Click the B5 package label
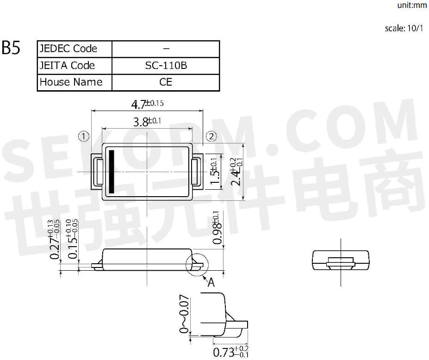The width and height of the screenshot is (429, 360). coord(11,48)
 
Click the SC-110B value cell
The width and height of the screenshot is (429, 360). coord(166,65)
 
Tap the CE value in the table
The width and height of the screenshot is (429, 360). coord(166,82)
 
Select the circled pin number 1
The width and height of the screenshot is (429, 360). coord(83,136)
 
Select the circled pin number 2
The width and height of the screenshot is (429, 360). coord(211,136)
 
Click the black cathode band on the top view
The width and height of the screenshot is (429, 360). coord(112,171)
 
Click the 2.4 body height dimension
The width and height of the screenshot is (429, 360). coord(236,171)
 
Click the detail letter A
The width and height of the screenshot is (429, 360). coord(211,282)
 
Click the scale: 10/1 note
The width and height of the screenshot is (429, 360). coord(404,28)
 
